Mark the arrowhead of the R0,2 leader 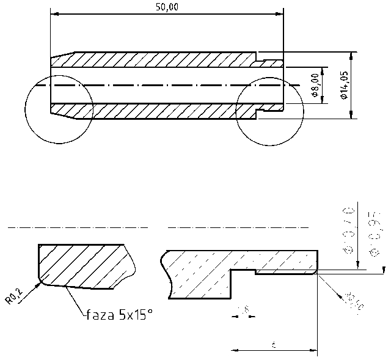38,283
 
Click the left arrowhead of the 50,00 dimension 54,12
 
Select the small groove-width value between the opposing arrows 244,310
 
